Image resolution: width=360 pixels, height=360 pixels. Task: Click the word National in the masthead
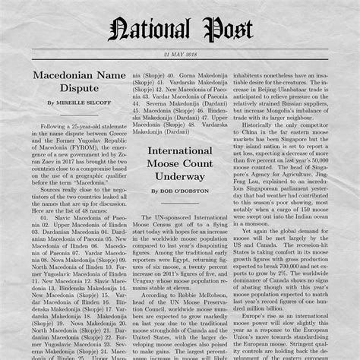[x=150, y=31]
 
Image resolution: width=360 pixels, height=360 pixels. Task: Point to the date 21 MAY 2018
[x=180, y=55]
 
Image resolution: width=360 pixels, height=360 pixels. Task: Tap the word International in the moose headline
[x=179, y=153]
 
